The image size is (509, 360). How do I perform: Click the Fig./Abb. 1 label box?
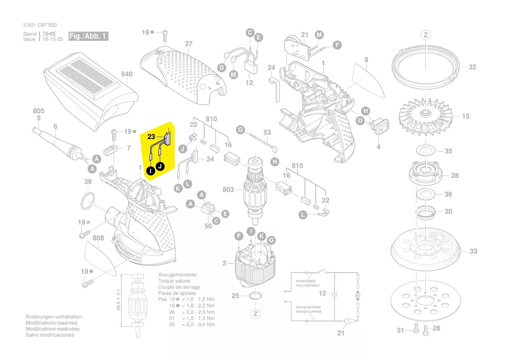[x=88, y=36]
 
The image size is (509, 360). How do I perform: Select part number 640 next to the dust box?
[x=127, y=74]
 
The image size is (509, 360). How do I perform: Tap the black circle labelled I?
[x=150, y=171]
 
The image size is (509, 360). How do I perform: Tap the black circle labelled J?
[x=161, y=166]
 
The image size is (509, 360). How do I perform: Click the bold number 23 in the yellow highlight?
[x=151, y=137]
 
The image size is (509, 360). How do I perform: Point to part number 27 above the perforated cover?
[x=189, y=44]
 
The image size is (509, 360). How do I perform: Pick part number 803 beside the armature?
[x=228, y=190]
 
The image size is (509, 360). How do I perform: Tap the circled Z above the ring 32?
[x=425, y=35]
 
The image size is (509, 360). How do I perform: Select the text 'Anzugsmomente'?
[x=177, y=275]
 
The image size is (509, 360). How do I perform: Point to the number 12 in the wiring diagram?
[x=322, y=293]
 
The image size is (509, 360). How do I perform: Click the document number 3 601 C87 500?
[x=40, y=25]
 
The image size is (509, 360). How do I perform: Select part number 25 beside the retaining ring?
[x=235, y=296]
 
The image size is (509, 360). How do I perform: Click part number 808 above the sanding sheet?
[x=98, y=238]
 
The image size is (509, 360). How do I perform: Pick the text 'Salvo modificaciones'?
[x=50, y=335]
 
